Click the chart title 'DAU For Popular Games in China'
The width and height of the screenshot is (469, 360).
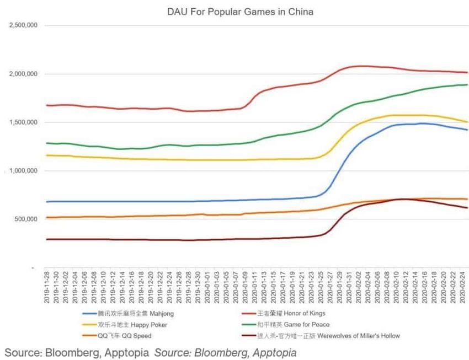240,11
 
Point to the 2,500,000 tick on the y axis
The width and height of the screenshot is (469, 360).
22,25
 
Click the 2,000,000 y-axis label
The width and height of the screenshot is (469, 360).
22,74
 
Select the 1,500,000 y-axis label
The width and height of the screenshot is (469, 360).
22,122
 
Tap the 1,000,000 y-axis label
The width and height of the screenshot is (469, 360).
22,171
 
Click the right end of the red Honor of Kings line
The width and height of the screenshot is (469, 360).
467,72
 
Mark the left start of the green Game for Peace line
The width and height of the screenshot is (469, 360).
47,143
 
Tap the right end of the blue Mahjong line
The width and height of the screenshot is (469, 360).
467,130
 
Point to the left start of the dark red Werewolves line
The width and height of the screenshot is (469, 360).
47,239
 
